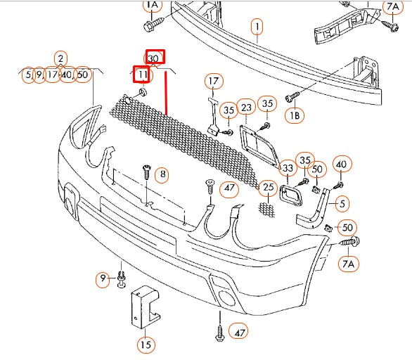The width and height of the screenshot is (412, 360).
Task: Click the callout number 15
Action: pos(146,345)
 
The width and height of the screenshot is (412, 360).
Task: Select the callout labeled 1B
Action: pos(295,115)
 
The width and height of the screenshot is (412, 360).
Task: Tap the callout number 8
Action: pos(162,174)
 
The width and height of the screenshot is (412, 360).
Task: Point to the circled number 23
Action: pos(246,107)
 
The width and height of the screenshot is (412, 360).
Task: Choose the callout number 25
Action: pos(268,187)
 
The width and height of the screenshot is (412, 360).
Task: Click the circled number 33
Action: pos(288,168)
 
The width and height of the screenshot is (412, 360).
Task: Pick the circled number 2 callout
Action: pos(60,58)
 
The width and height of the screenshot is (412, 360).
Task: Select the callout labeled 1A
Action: pos(153,5)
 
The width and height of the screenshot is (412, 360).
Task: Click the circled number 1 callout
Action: pos(257,27)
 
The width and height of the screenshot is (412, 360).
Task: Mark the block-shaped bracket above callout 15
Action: pos(145,307)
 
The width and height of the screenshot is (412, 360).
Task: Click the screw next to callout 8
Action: pos(147,172)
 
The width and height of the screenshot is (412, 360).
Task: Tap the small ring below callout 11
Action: pos(143,92)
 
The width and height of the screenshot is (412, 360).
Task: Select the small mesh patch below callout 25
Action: pos(266,210)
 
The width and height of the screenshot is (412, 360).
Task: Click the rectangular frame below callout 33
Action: pos(291,195)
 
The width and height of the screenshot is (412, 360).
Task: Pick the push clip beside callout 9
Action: pos(122,279)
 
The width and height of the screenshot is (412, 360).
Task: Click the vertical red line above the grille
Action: pos(166,93)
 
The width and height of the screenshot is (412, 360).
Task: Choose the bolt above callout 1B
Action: pos(292,97)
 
